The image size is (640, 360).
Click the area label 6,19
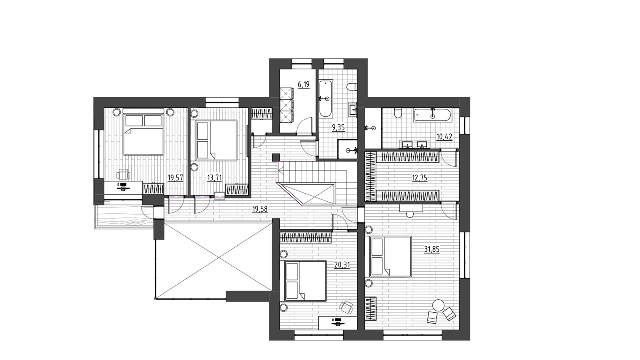304,85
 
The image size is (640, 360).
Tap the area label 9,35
338,128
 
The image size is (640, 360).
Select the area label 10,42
444,137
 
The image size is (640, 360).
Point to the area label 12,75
420,178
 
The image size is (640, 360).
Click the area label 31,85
432,250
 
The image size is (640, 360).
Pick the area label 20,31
342,265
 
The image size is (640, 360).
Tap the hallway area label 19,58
260,210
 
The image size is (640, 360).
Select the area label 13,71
214,178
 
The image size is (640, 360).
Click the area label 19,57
175,178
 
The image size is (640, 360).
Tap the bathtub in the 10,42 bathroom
432,115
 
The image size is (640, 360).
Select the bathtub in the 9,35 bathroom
326,98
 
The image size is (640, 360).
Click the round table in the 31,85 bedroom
438,305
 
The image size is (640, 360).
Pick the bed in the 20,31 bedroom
306,280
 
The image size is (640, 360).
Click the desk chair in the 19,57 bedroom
124,174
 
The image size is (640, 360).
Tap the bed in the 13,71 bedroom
216,140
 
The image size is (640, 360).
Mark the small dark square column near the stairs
276,158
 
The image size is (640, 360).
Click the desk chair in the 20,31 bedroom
346,307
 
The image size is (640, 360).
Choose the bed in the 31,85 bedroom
390,256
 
